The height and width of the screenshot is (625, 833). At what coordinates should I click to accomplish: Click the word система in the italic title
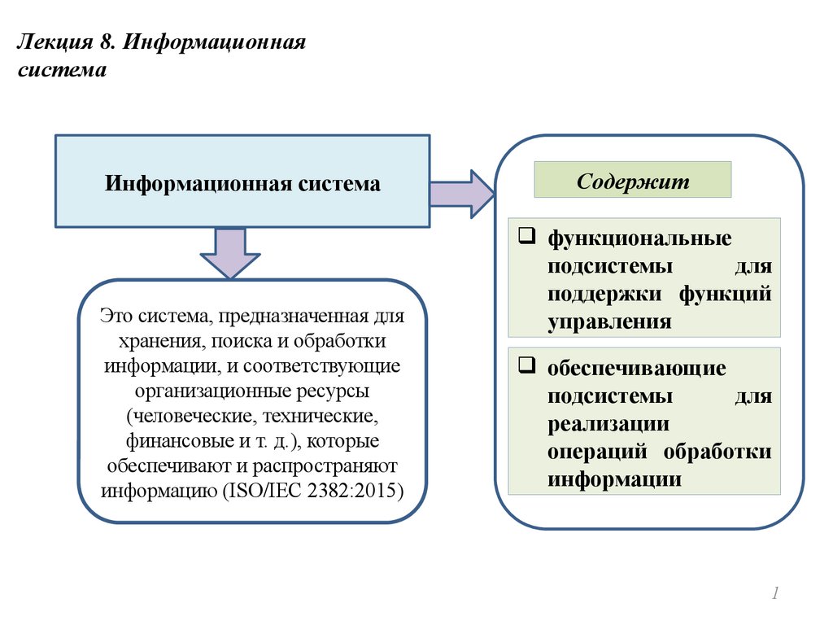click(62, 70)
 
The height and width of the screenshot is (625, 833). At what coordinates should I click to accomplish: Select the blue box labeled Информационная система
click(242, 181)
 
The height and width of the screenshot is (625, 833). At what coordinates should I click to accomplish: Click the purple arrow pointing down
click(230, 253)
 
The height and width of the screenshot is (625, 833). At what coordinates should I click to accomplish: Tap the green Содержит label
click(632, 180)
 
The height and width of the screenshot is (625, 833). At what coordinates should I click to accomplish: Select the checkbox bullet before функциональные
click(526, 237)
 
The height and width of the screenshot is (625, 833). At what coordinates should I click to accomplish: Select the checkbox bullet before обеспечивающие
click(526, 365)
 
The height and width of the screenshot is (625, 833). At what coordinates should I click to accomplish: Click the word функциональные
click(639, 238)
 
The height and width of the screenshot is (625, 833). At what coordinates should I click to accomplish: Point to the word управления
click(609, 321)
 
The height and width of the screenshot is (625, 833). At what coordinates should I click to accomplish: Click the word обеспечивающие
click(636, 369)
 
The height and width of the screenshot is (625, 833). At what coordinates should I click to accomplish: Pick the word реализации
click(608, 424)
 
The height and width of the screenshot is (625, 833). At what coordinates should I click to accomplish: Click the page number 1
click(776, 595)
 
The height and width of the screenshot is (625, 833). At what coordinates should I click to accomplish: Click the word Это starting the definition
click(117, 315)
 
